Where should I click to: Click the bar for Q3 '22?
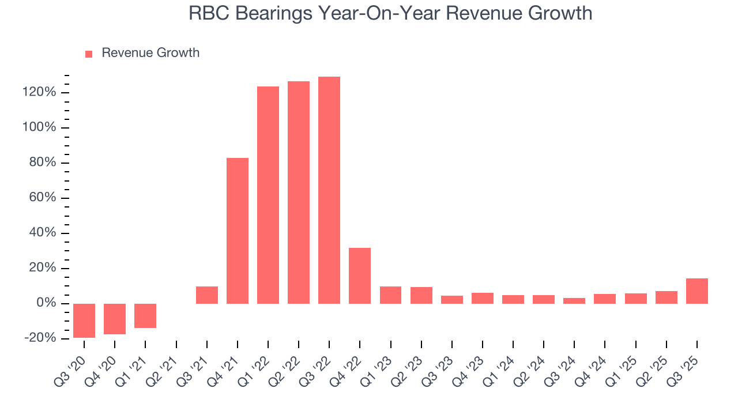tap(329, 190)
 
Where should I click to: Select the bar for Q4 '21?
tap(238, 231)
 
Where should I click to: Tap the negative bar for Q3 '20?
tap(84, 320)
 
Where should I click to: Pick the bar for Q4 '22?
tap(360, 276)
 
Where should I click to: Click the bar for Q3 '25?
tap(696, 291)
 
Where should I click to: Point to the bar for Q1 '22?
tap(268, 195)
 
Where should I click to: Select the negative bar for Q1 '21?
tap(145, 316)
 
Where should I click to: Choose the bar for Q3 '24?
tap(574, 301)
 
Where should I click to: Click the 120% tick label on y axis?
tap(40, 92)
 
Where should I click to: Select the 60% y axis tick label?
tap(43, 198)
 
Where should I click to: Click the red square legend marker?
tap(89, 54)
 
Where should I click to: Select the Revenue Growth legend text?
tap(150, 53)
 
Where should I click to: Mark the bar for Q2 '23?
tap(421, 295)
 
